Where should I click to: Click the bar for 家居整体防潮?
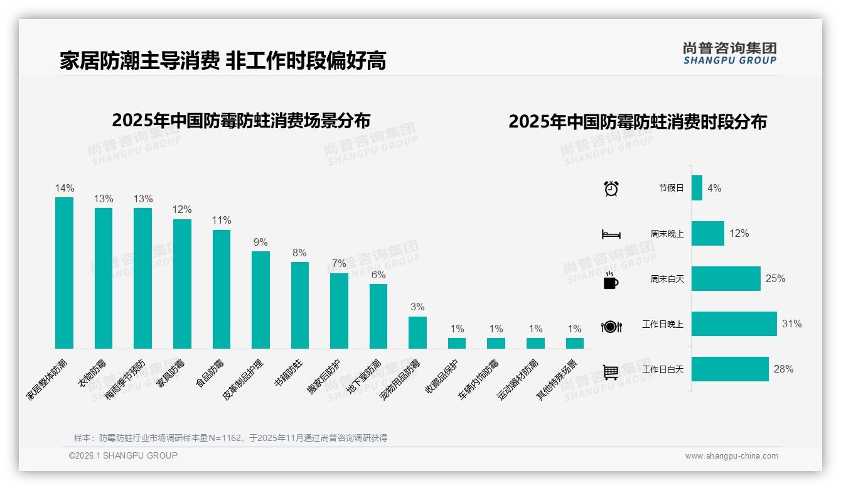pos(64,273)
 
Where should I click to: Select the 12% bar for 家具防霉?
pos(182,284)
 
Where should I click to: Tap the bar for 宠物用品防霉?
pos(417,332)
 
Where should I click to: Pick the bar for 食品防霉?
pos(222,289)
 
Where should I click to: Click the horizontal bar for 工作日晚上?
pos(734,324)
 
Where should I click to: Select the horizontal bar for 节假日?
pos(697,188)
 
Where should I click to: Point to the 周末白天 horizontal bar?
pos(726,278)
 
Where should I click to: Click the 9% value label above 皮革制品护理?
pos(260,242)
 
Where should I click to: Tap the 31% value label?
pos(791,324)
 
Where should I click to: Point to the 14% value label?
pos(64,188)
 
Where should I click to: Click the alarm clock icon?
pos(611,188)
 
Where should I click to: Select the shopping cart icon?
pos(611,372)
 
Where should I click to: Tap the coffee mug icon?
pos(611,280)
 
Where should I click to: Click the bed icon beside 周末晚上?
pos(611,234)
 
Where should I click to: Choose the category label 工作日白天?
pos(662,369)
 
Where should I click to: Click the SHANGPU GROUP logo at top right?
pos(730,53)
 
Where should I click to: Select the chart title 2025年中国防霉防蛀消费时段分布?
pos(637,122)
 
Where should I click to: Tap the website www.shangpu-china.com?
pos(731,456)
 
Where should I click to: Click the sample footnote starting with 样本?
pos(230,438)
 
